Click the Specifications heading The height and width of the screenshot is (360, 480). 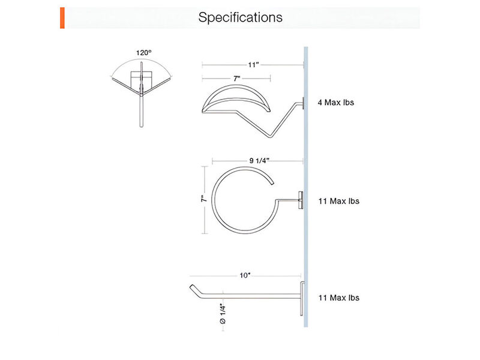241,17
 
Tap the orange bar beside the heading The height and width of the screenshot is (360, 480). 62,18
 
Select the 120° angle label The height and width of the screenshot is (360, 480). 144,53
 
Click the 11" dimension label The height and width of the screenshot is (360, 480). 253,65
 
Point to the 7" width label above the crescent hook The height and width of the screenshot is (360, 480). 236,79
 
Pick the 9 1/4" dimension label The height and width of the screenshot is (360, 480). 259,161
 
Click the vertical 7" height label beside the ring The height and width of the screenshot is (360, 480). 204,199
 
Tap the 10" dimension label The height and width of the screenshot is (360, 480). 245,275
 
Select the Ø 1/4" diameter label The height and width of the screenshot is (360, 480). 223,313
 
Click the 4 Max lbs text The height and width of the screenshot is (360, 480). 336,103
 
